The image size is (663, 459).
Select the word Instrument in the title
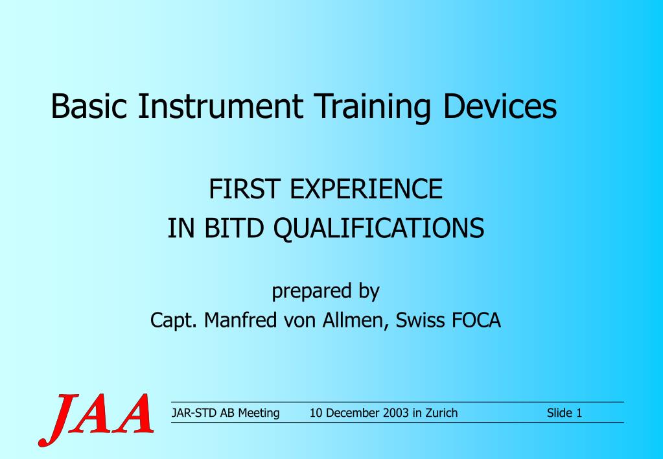pos(220,106)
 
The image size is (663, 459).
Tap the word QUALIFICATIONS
pos(380,228)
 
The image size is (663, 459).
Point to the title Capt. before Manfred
pos(174,320)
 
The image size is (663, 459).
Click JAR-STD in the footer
pos(193,413)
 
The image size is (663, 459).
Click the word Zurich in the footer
pos(441,413)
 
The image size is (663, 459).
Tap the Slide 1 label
pos(564,413)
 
